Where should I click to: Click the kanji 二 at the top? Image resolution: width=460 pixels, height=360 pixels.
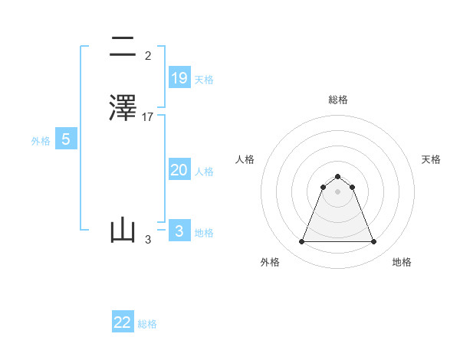(x=123, y=47)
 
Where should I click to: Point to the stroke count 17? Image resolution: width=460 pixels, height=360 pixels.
(x=148, y=116)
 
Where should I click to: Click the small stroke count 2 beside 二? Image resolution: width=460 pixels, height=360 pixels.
(x=147, y=56)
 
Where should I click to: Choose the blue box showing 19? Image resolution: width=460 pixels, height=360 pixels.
(x=179, y=77)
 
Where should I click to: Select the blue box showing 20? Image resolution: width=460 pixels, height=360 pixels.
(x=179, y=170)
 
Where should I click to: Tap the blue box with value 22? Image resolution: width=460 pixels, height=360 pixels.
(x=123, y=322)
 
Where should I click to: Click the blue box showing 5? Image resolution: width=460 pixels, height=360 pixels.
(x=66, y=139)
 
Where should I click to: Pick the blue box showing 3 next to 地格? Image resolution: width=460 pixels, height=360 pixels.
(x=179, y=231)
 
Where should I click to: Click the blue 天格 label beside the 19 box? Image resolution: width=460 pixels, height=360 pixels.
(x=204, y=80)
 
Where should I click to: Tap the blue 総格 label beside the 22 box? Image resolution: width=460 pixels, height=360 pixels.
(x=147, y=324)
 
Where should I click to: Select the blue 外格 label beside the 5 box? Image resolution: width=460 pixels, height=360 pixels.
(x=41, y=141)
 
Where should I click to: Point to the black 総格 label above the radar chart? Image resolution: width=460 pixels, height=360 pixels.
(x=338, y=100)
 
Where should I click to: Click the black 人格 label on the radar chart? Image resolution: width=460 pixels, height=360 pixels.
(x=245, y=159)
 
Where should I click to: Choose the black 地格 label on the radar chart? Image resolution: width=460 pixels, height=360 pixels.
(x=402, y=262)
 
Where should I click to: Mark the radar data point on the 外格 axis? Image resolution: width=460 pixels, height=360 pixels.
(x=301, y=242)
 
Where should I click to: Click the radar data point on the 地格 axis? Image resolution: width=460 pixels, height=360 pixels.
(x=374, y=242)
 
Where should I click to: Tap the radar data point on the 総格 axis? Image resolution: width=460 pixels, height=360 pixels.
(x=338, y=175)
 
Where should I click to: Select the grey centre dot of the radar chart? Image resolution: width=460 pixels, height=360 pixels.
(x=338, y=191)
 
